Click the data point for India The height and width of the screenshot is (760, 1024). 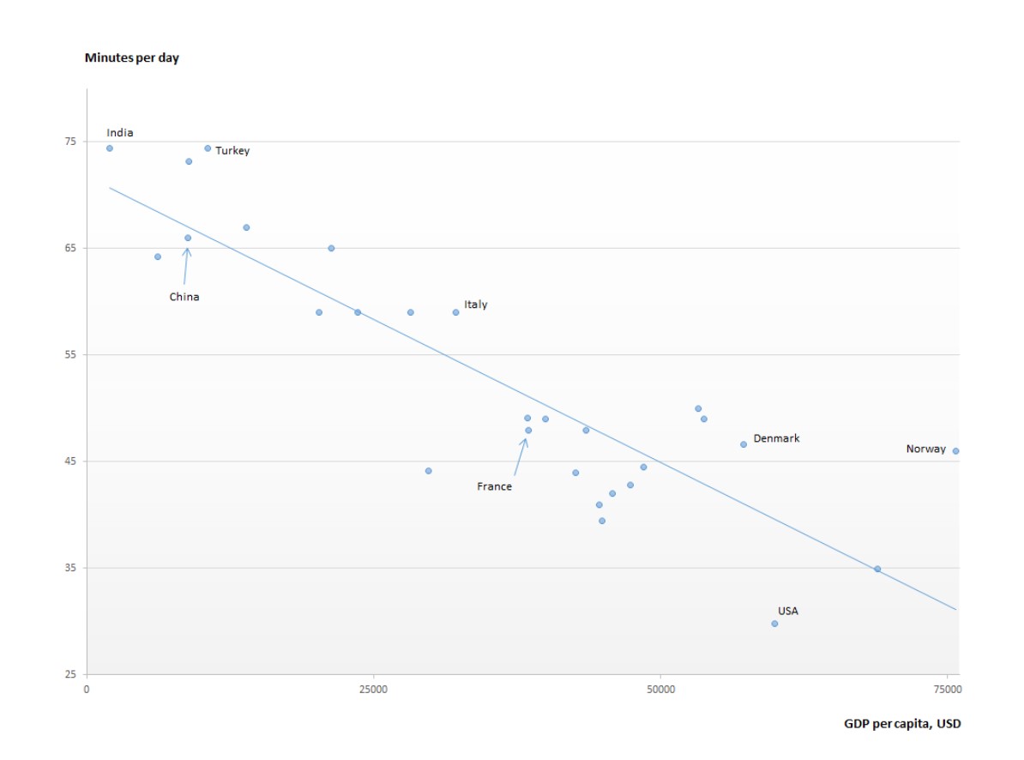point(110,148)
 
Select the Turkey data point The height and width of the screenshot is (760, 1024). point(208,148)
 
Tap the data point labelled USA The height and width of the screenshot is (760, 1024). point(774,624)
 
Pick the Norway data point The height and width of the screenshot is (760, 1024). point(955,451)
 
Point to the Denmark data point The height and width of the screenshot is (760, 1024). point(744,444)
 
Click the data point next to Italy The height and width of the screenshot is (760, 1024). point(455,312)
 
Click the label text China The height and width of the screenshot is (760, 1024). point(184,297)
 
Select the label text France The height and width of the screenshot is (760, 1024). point(494,486)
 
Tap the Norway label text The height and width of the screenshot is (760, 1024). point(926,449)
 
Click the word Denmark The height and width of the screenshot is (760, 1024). point(776,438)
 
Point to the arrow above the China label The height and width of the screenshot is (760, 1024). point(185,265)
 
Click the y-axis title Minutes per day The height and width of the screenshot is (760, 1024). point(132,58)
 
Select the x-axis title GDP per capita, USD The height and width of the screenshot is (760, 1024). point(902,723)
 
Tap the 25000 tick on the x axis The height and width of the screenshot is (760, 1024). point(373,689)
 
